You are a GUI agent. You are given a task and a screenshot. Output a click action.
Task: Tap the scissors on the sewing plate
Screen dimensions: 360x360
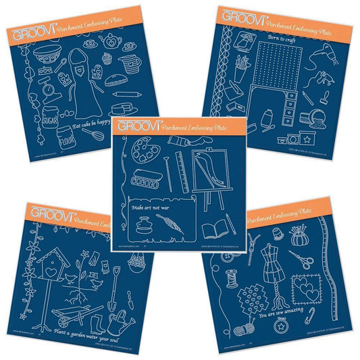295,257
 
